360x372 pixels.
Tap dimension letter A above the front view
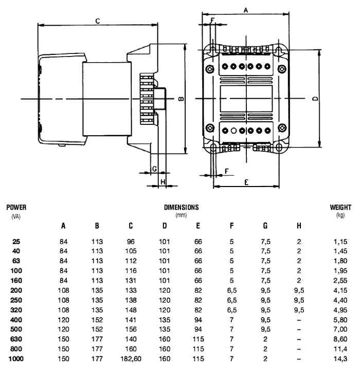[x=245, y=10]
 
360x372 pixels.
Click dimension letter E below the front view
[x=246, y=182]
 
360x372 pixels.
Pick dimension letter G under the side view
[x=154, y=169]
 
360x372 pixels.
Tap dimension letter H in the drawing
[x=162, y=181]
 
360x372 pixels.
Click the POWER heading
[x=16, y=208]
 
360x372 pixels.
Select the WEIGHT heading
[x=340, y=208]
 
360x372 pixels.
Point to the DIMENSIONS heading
[x=181, y=208]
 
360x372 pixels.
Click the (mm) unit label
[x=181, y=215]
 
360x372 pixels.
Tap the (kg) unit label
[x=340, y=215]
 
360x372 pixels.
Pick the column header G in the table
[x=265, y=226]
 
